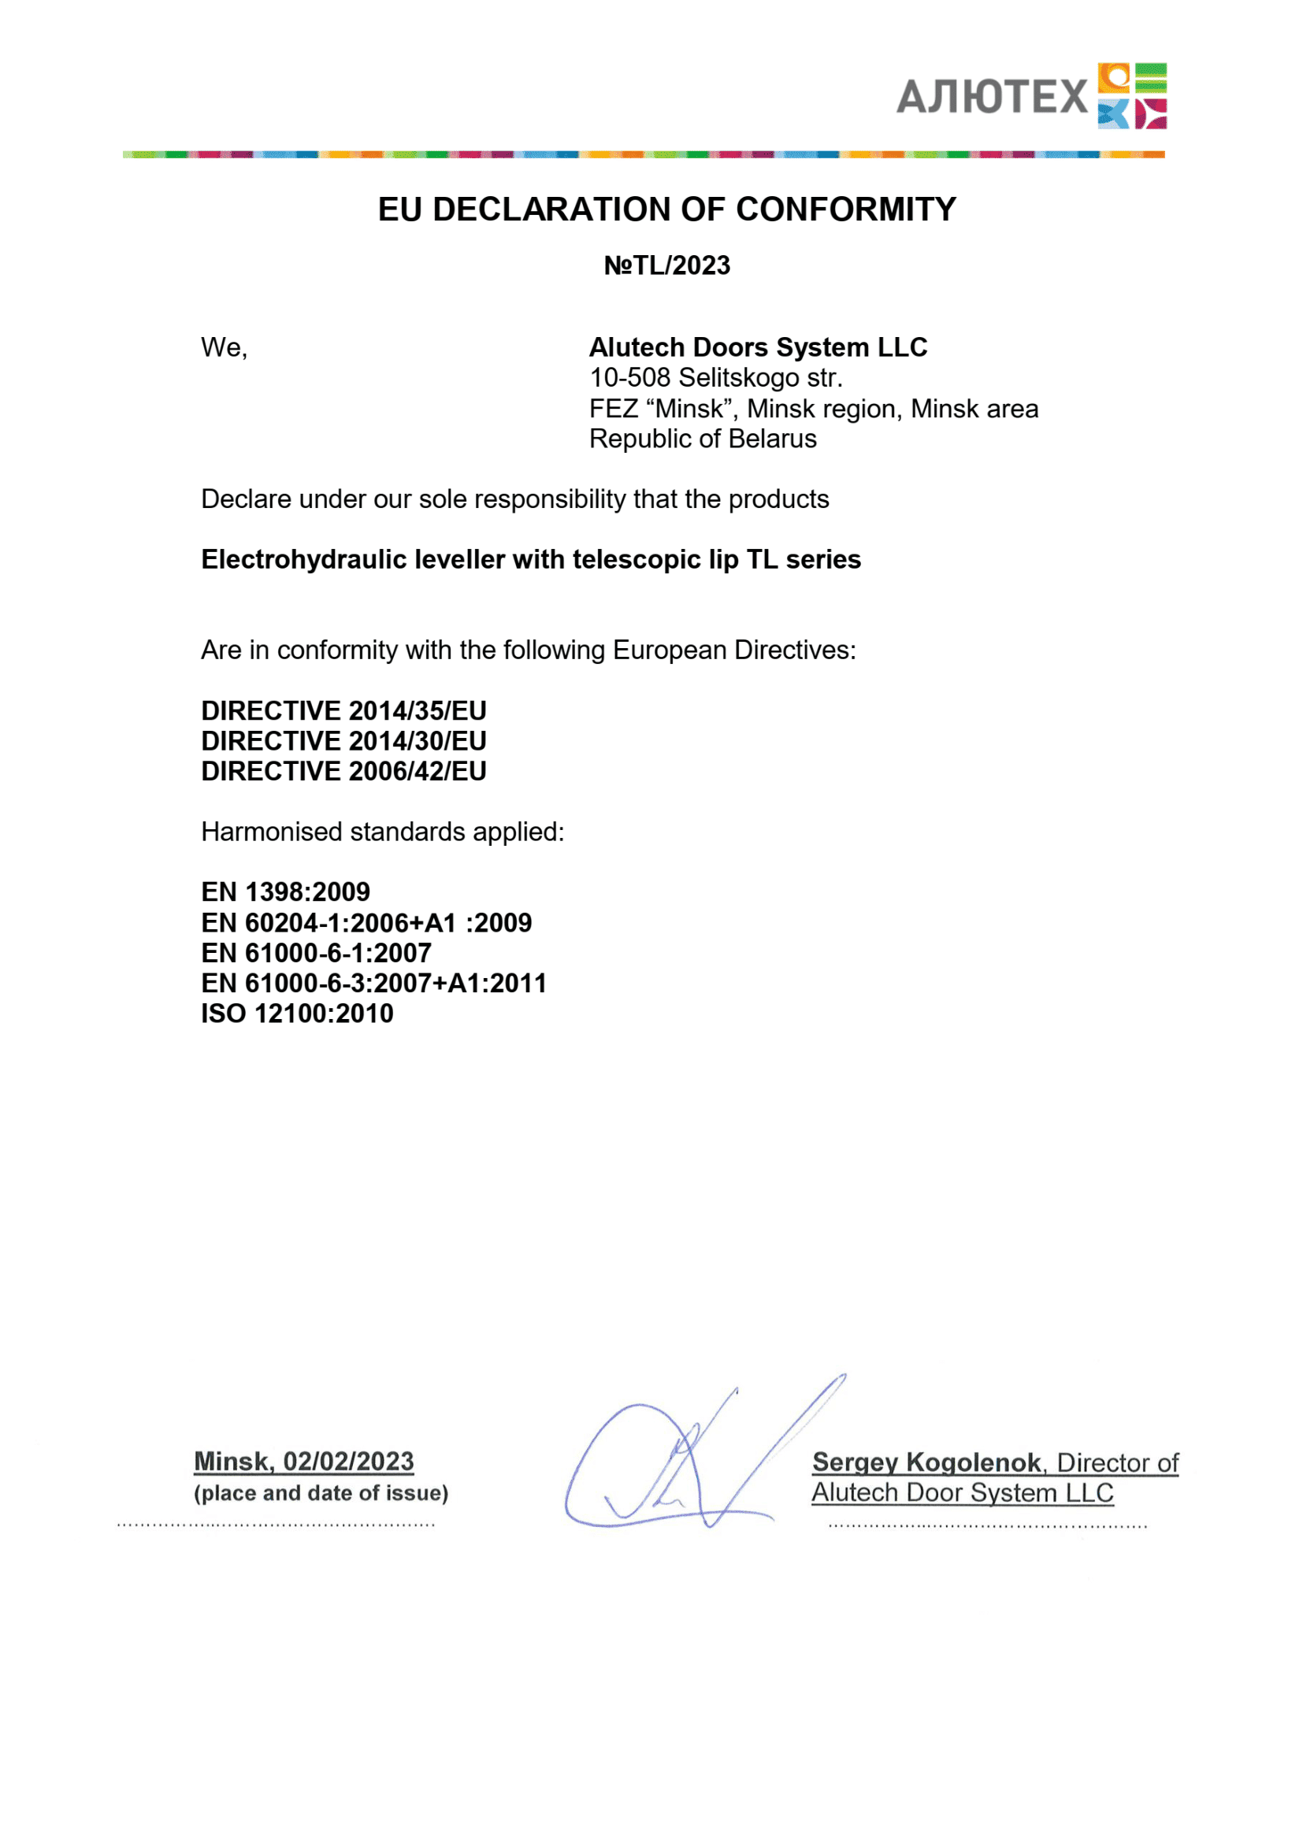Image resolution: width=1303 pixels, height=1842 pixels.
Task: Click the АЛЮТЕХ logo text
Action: (x=991, y=97)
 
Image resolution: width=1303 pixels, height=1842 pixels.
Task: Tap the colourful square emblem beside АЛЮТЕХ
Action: (x=1132, y=95)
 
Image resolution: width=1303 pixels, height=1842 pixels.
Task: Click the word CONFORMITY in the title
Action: (x=845, y=209)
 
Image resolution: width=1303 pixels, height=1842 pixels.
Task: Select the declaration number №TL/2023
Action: (x=666, y=265)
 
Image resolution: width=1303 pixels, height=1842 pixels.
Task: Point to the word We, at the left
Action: (x=224, y=347)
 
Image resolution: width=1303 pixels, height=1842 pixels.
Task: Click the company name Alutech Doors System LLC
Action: (x=757, y=347)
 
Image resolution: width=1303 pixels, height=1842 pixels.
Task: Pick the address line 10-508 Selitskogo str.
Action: (x=715, y=378)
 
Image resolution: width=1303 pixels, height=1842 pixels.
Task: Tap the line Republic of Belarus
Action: (x=703, y=439)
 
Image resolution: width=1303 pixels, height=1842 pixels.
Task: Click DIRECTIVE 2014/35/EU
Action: (x=343, y=711)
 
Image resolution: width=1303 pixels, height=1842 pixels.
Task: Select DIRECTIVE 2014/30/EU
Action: (x=343, y=741)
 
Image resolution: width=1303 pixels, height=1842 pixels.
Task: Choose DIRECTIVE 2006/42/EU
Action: (x=343, y=772)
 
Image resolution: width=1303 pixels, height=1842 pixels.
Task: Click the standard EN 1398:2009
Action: (x=286, y=892)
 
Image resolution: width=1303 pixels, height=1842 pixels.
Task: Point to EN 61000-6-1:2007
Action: (x=316, y=953)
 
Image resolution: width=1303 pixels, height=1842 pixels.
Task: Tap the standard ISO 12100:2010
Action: (x=297, y=1014)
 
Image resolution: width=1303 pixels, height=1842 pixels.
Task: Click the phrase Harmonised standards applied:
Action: (x=383, y=832)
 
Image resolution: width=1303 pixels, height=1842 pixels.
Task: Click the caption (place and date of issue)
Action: (x=321, y=1493)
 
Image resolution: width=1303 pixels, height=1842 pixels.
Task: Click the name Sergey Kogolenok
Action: (x=926, y=1462)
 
